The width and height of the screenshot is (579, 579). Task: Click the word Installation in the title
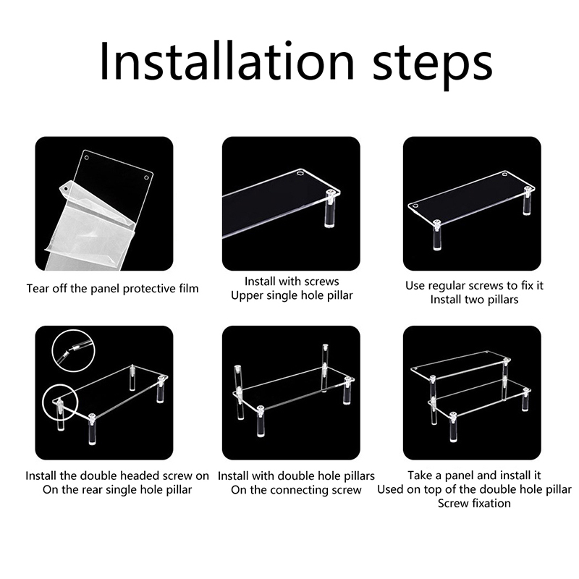[227, 62]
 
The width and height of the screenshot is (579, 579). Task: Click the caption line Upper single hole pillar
[292, 295]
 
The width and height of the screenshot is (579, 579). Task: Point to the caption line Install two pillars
[474, 299]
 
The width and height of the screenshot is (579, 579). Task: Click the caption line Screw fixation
[474, 503]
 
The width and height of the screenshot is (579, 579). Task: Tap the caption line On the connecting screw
[296, 490]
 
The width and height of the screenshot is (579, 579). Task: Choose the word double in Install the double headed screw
[99, 476]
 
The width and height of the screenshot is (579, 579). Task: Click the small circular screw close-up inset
[74, 351]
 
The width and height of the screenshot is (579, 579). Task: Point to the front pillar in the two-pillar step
[437, 235]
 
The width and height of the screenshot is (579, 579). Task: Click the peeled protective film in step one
[88, 225]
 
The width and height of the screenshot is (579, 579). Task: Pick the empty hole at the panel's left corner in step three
[415, 206]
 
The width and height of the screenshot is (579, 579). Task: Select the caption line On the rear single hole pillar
[117, 490]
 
